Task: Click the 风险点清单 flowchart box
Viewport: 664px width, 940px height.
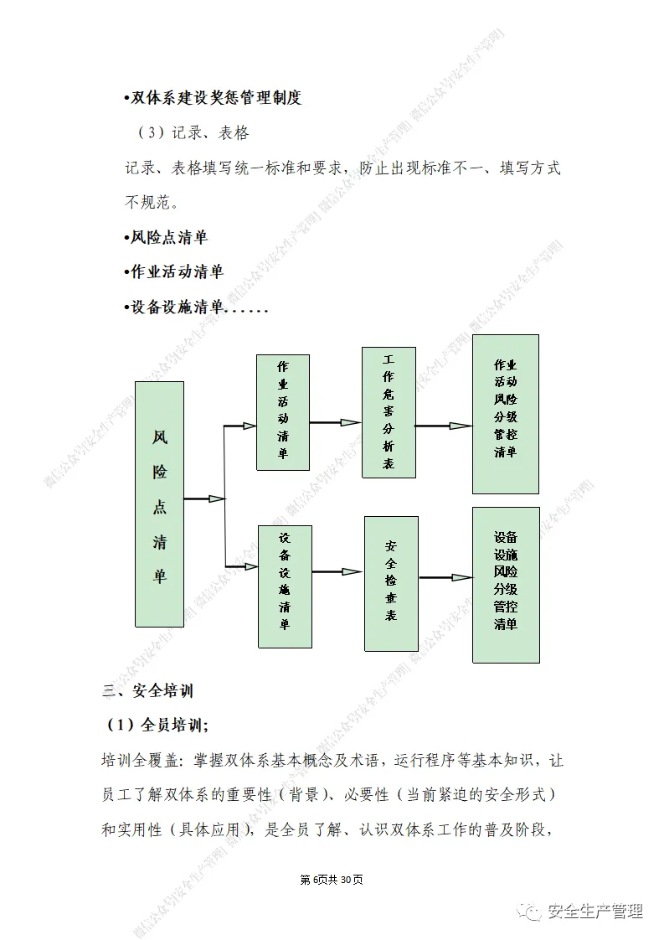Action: coord(159,504)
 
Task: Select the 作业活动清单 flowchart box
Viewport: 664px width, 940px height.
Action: coord(282,411)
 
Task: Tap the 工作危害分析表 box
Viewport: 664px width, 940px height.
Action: coord(389,411)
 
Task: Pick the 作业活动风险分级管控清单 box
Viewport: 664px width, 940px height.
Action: coord(505,414)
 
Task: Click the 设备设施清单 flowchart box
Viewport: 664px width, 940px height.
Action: coord(285,586)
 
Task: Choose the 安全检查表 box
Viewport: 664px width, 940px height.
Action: coord(390,583)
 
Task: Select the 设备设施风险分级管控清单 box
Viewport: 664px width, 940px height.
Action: coord(505,584)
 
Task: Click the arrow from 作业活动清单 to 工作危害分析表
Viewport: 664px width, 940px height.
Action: coord(336,422)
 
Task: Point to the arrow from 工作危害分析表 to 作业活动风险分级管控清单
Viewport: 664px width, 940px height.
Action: coord(444,426)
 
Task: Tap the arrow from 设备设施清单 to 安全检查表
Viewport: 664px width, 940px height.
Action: coord(337,572)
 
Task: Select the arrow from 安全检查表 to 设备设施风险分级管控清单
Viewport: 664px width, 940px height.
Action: coord(445,577)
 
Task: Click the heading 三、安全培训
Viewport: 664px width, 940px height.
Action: coord(148,691)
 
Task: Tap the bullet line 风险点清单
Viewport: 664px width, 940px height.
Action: coord(165,237)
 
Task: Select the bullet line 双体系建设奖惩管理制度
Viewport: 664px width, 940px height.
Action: coord(212,98)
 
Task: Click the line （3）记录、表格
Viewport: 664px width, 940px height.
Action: coord(193,133)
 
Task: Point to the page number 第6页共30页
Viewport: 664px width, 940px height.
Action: coord(332,880)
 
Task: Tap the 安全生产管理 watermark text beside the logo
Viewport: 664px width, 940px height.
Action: coord(595,912)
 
